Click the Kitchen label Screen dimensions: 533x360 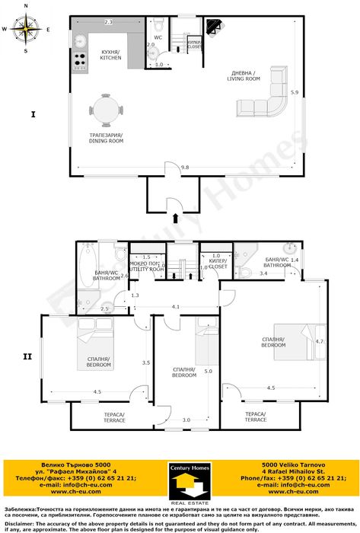[111, 54]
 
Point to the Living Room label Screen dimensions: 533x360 [247, 76]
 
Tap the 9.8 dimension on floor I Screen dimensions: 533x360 [185, 167]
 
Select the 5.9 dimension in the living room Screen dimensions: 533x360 [295, 93]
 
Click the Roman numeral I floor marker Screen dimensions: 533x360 [33, 115]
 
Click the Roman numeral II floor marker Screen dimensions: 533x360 [27, 356]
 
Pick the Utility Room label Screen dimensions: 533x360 [146, 267]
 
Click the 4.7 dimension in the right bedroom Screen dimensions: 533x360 [320, 342]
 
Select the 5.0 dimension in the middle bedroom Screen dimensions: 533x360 [208, 371]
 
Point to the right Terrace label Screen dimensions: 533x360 [256, 417]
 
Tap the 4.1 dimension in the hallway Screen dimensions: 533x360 [175, 307]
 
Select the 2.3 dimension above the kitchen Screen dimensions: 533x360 [108, 23]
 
